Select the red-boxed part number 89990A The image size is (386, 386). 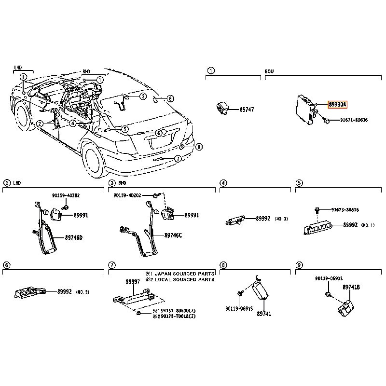coord(337,104)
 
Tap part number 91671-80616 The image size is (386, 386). coord(353,120)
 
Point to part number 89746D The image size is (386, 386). coord(74,237)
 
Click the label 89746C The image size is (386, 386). coord(174,235)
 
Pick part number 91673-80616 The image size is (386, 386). coord(345,210)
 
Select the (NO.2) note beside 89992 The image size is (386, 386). coord(83,292)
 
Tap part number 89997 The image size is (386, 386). coord(133,282)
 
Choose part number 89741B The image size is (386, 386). coord(351,287)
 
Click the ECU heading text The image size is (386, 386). coord(269,71)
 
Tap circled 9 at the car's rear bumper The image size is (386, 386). coord(198,146)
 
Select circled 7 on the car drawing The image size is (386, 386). coord(178,159)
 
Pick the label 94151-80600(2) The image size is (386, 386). coord(177,311)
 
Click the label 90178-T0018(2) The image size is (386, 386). coord(177,317)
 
